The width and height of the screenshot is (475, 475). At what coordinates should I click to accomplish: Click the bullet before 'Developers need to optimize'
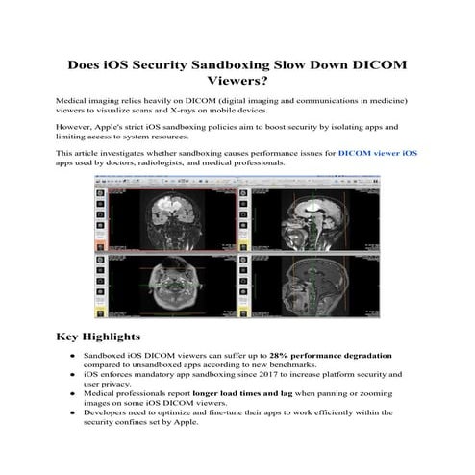point(74,412)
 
